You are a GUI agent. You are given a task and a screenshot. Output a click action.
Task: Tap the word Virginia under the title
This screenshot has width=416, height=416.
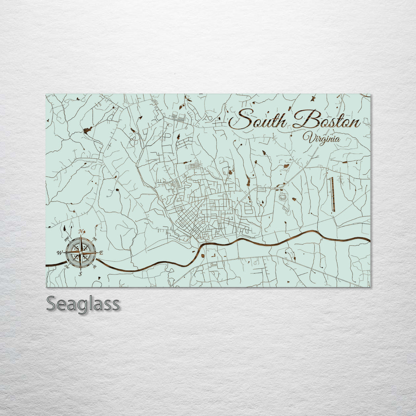(x=321, y=138)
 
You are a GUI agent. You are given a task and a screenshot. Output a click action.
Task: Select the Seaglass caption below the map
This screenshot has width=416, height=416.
(x=83, y=304)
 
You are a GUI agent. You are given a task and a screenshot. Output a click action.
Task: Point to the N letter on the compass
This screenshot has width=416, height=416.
(x=81, y=231)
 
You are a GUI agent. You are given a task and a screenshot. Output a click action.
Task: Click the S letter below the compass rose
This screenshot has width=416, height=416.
(x=81, y=274)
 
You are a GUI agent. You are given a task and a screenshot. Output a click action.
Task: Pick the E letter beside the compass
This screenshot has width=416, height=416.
(x=101, y=253)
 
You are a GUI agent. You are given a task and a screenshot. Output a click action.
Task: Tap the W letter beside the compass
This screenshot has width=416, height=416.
(x=60, y=253)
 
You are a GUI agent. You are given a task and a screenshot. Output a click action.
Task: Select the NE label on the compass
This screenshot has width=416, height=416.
(x=94, y=239)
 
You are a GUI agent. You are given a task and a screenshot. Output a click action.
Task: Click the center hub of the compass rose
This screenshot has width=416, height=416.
(x=81, y=252)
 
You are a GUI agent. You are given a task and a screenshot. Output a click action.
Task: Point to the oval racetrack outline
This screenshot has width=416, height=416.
(x=283, y=197)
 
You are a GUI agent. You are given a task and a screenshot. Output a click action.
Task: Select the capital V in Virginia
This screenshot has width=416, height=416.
(x=307, y=137)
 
